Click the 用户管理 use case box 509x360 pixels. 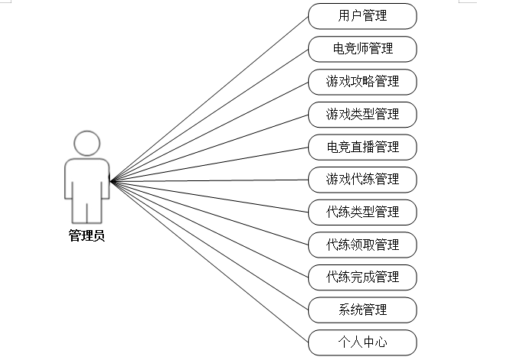362,15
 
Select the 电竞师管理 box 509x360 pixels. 362,48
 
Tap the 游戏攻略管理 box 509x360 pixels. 362,81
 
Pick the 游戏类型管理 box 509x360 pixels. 362,114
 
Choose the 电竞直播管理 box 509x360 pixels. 362,146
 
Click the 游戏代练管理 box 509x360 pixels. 362,179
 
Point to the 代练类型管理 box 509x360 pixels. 362,212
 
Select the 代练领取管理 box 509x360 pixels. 362,245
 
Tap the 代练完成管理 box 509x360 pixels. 362,277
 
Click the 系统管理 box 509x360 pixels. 362,310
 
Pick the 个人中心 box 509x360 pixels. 362,342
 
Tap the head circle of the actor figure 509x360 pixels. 86,143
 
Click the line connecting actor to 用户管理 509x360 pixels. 209,98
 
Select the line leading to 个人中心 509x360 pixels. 209,262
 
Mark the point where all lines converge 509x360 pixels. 112,181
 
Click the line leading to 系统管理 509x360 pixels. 209,245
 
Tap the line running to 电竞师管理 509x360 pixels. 209,115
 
